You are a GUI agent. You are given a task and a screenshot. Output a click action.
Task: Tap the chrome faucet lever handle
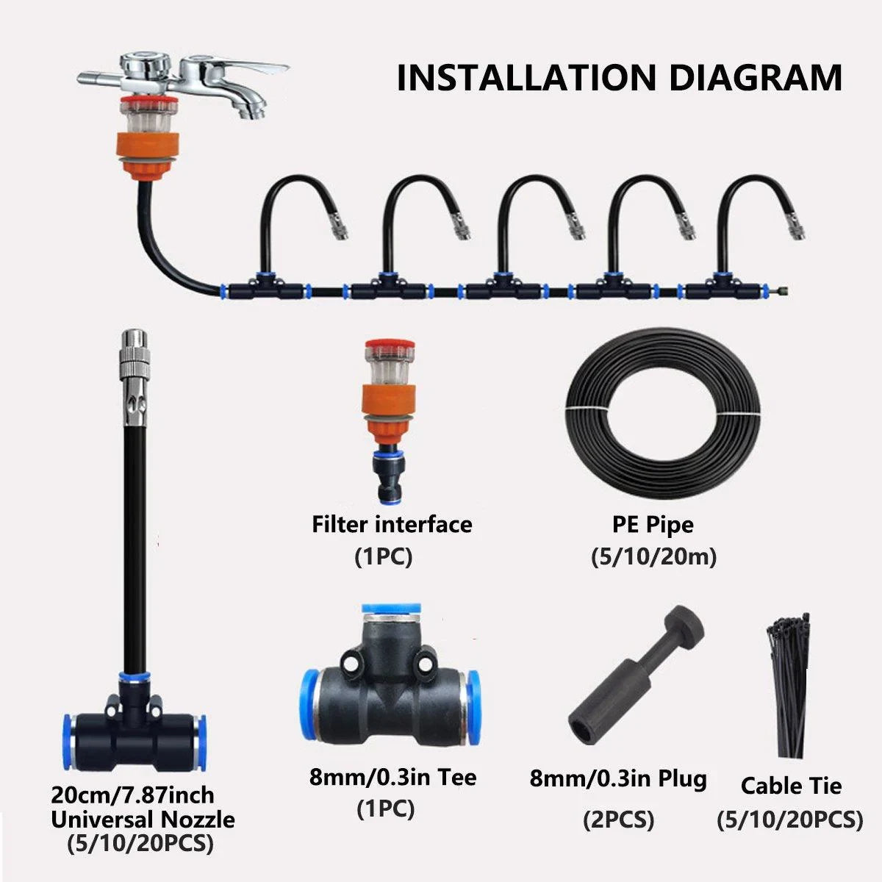(250, 67)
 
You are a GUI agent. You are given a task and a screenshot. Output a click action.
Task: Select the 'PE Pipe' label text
(653, 525)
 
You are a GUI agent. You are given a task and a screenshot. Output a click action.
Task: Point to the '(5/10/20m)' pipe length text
(653, 557)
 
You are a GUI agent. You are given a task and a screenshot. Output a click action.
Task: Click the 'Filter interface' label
(392, 524)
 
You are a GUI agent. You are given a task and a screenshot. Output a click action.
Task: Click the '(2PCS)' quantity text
(618, 819)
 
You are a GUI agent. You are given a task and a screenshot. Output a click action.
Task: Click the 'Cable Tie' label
(790, 786)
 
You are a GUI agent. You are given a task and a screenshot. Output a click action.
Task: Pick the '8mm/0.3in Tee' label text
(392, 777)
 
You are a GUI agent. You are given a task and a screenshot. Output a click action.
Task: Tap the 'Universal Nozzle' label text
(143, 819)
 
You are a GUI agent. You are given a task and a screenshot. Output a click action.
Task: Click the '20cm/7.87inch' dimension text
(132, 795)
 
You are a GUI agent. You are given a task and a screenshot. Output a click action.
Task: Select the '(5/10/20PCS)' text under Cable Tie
(790, 819)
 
